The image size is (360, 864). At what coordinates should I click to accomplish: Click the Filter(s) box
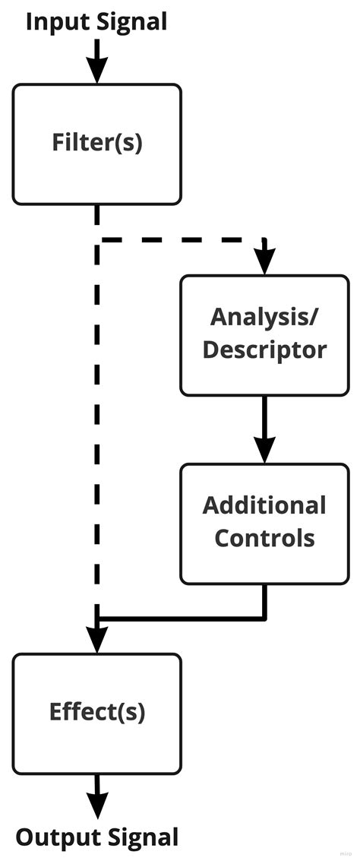(x=96, y=144)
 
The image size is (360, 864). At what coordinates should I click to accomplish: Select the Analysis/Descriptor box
(x=264, y=334)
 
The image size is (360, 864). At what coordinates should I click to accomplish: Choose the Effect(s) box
(x=96, y=713)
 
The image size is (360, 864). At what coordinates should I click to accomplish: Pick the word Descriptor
(x=264, y=350)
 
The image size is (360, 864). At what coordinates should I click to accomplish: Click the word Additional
(x=264, y=505)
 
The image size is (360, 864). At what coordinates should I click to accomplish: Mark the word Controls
(x=264, y=538)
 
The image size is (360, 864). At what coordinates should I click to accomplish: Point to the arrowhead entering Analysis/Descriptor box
(x=264, y=262)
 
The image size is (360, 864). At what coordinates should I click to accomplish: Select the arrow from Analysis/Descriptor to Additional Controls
(x=264, y=429)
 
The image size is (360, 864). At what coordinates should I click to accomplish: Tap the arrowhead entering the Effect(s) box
(x=96, y=640)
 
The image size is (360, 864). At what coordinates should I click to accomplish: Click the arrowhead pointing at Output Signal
(x=96, y=805)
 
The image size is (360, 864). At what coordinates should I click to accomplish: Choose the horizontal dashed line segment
(x=182, y=240)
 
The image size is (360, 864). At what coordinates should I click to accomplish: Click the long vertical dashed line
(x=97, y=426)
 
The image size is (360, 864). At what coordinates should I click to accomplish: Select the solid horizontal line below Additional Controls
(x=182, y=617)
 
